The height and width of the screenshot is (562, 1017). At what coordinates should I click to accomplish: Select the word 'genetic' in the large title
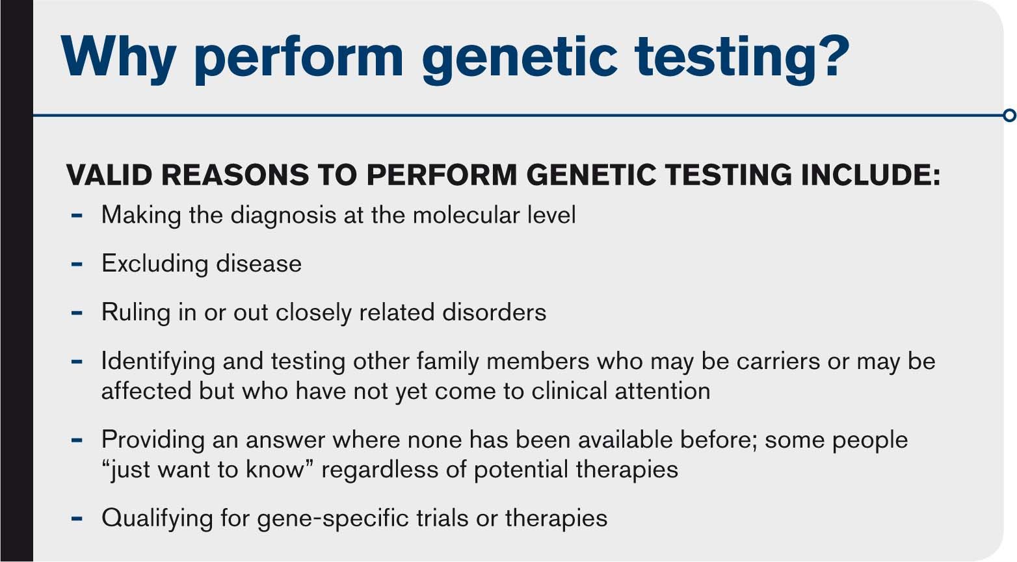[x=520, y=61]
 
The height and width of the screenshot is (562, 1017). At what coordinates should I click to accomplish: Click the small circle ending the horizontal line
[x=1009, y=115]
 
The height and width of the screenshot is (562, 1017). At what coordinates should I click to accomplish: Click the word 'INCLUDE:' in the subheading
[x=871, y=175]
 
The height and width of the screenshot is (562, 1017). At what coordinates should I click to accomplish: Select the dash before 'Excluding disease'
[x=77, y=264]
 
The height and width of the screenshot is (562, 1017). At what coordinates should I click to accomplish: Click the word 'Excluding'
[x=155, y=264]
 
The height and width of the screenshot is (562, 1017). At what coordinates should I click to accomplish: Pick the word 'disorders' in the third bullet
[x=494, y=312]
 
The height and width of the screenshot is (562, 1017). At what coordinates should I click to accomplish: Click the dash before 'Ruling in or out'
[x=77, y=313]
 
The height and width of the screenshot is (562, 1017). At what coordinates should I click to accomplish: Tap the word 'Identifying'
[x=158, y=362]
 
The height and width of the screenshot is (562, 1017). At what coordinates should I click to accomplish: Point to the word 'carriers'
[x=778, y=361]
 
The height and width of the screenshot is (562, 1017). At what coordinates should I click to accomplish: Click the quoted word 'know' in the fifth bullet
[x=274, y=470]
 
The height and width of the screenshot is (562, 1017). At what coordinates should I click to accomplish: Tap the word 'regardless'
[x=380, y=470]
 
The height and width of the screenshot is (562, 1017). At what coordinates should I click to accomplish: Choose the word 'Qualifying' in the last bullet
[x=157, y=518]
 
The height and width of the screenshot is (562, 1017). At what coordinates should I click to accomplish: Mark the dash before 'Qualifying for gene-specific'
[x=77, y=518]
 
